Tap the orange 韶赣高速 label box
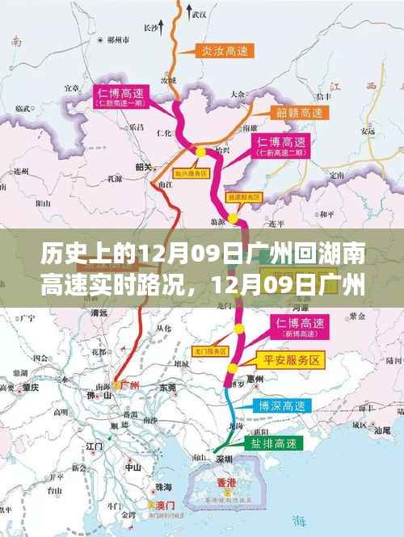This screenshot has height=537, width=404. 278,113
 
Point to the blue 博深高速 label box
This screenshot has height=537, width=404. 277,405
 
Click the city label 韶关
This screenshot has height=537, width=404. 145,167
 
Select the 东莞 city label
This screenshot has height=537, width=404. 168,388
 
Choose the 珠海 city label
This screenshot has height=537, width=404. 164,487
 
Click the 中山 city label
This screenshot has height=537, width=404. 133,467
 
